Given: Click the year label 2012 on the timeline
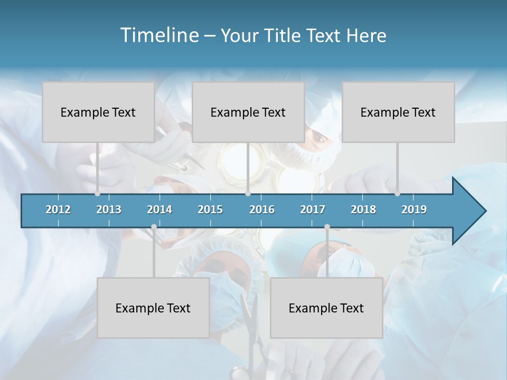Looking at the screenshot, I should coord(58,210).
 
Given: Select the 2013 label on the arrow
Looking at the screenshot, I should coord(109,210).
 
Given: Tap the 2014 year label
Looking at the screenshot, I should coord(159,210).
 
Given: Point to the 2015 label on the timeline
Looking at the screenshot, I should coord(210,210).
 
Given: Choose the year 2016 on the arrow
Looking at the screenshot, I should coord(262,210).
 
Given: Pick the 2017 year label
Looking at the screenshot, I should coord(313,210).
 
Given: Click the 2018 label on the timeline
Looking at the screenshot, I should coord(363,210).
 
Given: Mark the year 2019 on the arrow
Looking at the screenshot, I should coord(414,210).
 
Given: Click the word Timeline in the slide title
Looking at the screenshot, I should coord(159,35).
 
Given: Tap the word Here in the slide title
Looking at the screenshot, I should coord(366,35).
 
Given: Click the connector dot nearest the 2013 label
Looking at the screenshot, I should coord(97,193).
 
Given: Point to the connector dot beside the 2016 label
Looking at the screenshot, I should coord(248,193).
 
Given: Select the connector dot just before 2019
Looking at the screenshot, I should coord(397,193).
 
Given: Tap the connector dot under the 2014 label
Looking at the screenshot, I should coord(154,226).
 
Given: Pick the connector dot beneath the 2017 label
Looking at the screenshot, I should coord(327,226).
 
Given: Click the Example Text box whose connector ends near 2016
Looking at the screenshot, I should coord(248,112).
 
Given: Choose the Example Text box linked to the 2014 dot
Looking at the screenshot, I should coord(153,308).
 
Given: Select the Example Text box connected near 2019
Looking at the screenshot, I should coord(398,112).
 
